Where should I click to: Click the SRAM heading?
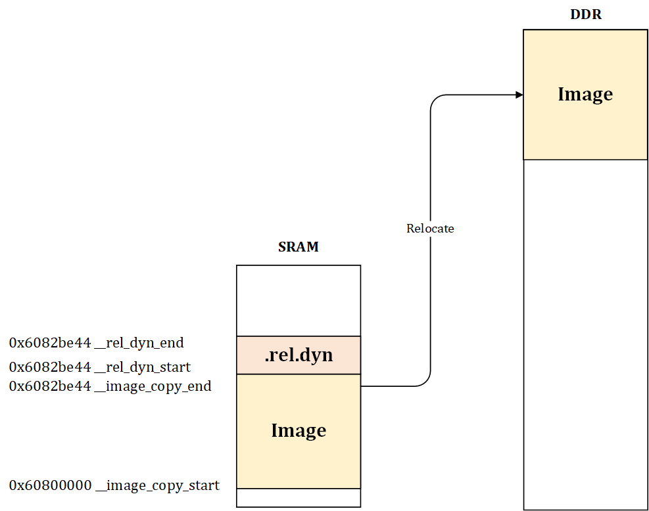pos(298,248)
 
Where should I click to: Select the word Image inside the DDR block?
pos(585,95)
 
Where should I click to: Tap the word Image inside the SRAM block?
pos(299,431)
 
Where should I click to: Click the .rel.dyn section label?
pos(299,355)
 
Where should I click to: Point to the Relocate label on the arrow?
pos(430,229)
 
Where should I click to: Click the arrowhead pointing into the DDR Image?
pos(519,95)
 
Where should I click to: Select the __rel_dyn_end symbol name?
pos(139,343)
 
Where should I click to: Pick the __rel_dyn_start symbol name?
pos(143,367)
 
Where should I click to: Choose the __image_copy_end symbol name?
pos(153,386)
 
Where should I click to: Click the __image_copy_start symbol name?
pos(157,486)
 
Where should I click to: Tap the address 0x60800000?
pos(50,486)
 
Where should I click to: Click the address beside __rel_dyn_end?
pos(50,343)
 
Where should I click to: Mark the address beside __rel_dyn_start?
pos(50,367)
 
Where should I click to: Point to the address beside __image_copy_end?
pos(50,386)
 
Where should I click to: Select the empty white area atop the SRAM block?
pos(299,300)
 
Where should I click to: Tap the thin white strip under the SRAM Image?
pos(299,498)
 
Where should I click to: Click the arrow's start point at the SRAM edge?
pos(362,386)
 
